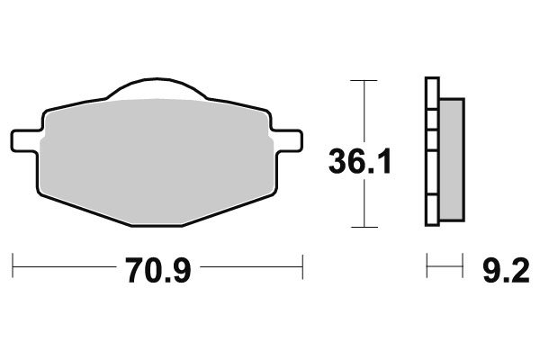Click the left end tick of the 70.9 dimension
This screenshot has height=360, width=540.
[x=13, y=266]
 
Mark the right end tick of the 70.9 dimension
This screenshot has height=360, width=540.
[x=302, y=266]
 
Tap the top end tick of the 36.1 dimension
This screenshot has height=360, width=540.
[x=363, y=81]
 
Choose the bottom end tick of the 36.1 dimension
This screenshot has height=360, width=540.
[x=363, y=226]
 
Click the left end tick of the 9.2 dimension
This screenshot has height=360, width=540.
[x=427, y=266]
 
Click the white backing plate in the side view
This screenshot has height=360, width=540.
[x=430, y=153]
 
